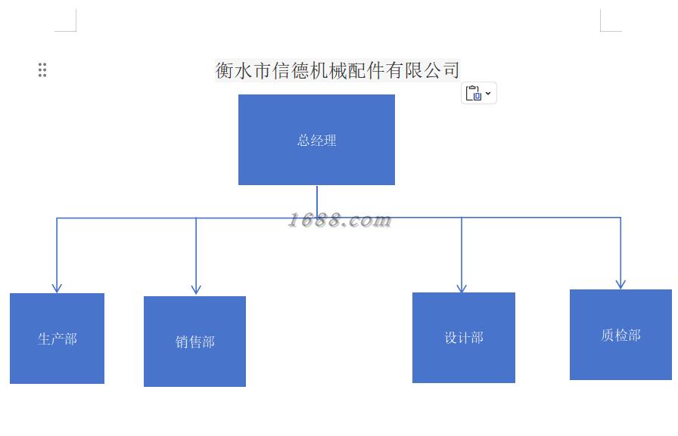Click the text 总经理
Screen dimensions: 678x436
click(316, 141)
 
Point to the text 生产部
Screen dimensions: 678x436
click(58, 339)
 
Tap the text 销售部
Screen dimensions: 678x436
click(195, 342)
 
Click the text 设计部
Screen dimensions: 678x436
click(464, 338)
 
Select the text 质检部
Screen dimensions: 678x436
click(621, 336)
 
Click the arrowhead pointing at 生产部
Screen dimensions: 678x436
click(57, 287)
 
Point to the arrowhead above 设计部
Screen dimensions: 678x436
click(462, 287)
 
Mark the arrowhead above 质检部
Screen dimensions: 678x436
click(620, 284)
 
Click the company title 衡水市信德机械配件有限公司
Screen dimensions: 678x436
click(337, 70)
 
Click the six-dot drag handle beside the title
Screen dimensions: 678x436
click(42, 70)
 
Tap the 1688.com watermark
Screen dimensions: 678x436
click(340, 220)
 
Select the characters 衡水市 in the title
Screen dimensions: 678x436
click(243, 70)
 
